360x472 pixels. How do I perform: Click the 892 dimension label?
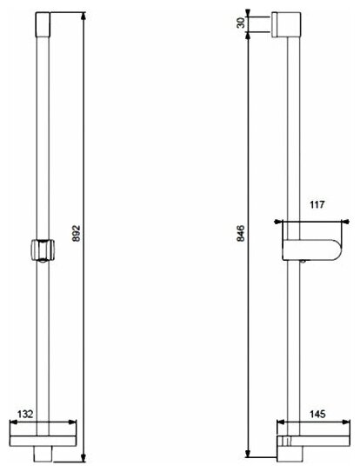[x=77, y=233]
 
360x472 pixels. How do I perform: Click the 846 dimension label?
[x=241, y=233]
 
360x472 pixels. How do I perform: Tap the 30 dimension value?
[x=241, y=23]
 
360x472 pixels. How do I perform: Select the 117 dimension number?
[x=317, y=204]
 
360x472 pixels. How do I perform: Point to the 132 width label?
[x=25, y=414]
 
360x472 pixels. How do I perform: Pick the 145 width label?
[x=317, y=414]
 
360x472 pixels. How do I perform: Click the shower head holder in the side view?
[x=312, y=249]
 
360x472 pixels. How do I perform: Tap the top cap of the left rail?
[x=43, y=24]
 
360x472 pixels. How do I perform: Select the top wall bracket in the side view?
[x=286, y=24]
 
